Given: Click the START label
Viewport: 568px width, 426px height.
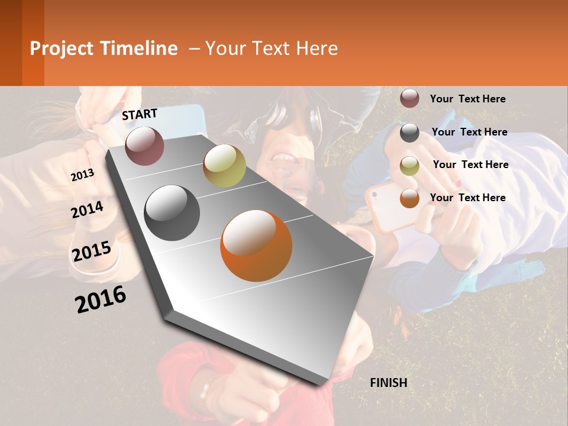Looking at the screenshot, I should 140,114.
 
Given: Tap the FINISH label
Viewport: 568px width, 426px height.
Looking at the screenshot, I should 388,383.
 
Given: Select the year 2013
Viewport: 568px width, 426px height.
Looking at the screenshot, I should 82,175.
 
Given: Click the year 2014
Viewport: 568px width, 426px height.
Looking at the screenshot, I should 87,210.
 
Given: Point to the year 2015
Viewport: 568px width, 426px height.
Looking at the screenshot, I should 91,251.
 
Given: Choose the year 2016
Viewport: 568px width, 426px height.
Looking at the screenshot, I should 101,299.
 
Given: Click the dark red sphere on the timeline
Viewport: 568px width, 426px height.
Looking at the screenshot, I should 144,146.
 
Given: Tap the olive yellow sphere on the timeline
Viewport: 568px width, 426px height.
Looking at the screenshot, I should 224,166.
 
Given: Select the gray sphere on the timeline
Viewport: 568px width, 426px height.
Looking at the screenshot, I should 172,213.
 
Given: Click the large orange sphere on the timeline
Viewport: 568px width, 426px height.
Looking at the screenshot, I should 256,246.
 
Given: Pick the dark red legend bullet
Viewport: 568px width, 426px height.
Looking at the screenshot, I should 409,98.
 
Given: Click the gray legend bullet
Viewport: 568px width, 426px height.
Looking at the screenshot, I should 409,133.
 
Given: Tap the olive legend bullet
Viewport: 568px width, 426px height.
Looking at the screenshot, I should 409,166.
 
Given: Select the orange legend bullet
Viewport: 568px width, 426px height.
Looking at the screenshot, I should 409,198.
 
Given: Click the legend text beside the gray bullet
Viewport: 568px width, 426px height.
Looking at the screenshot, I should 469,132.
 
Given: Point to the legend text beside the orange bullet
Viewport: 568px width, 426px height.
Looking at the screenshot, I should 467,198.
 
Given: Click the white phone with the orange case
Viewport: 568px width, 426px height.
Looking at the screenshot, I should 388,205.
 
